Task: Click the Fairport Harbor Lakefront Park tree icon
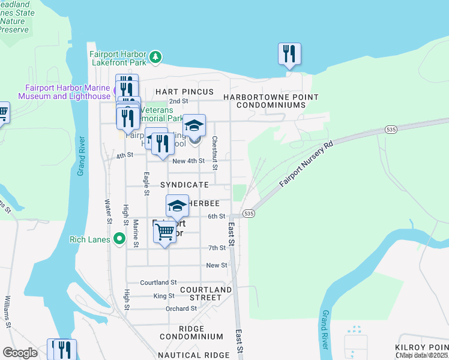click(x=155, y=57)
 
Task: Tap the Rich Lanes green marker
click(x=119, y=239)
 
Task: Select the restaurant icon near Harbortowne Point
click(x=289, y=54)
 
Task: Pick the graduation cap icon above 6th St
click(x=177, y=206)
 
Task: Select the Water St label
click(x=109, y=213)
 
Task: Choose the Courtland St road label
click(x=158, y=282)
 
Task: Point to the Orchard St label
click(x=181, y=308)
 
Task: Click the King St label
click(x=164, y=296)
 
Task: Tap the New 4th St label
click(x=188, y=161)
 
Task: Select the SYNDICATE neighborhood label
click(x=184, y=185)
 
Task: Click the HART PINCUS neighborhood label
click(x=184, y=91)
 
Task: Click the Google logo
click(x=20, y=353)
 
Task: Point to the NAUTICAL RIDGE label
click(x=194, y=355)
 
